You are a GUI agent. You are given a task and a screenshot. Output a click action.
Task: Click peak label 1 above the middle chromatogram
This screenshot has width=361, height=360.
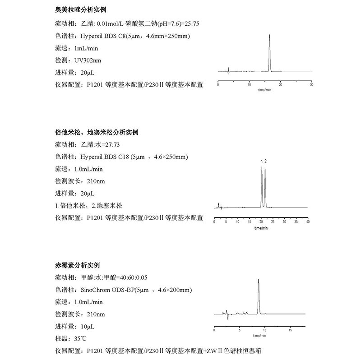click(262, 161)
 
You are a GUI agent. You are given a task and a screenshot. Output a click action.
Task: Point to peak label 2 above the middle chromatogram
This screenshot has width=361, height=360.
click(266, 161)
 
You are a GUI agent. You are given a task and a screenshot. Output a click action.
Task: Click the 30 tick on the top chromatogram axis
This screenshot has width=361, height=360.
click(312, 85)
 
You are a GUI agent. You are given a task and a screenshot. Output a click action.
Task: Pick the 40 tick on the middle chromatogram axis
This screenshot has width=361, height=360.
click(307, 222)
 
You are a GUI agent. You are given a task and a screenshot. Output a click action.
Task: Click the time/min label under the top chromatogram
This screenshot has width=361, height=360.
click(264, 90)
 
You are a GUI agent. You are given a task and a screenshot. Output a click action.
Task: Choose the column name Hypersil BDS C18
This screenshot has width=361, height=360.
click(105, 157)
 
